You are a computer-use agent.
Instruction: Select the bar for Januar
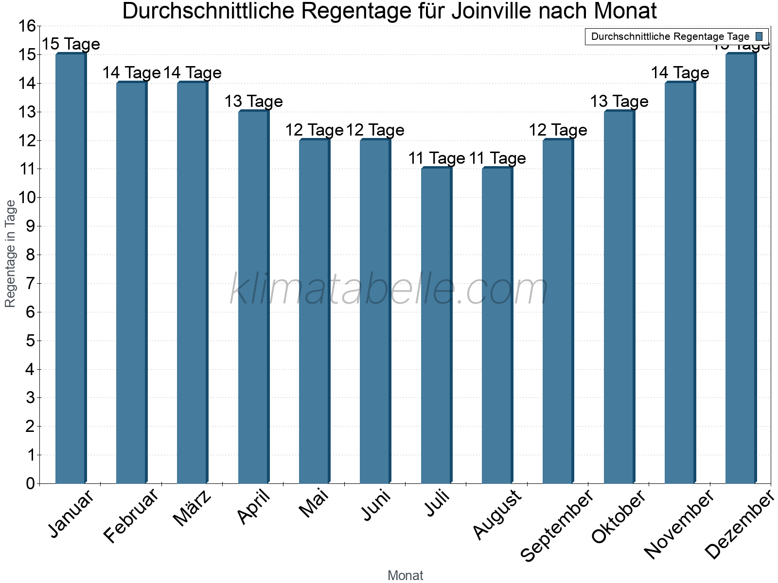tap(71, 268)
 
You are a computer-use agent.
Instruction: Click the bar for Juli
tap(436, 326)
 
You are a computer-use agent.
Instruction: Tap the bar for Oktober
tap(619, 297)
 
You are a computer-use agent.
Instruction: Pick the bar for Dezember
tap(741, 268)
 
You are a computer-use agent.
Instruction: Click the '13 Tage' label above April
tap(253, 102)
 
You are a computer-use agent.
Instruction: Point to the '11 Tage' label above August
tap(497, 158)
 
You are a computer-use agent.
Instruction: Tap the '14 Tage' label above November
tap(680, 73)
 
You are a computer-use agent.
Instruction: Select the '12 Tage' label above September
tap(558, 130)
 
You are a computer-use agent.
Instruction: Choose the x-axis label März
tap(193, 508)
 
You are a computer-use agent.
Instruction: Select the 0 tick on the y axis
tap(30, 483)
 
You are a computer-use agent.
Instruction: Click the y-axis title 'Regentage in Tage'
tap(10, 254)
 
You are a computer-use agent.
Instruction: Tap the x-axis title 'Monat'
tap(405, 575)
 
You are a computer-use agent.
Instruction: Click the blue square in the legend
tap(759, 36)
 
